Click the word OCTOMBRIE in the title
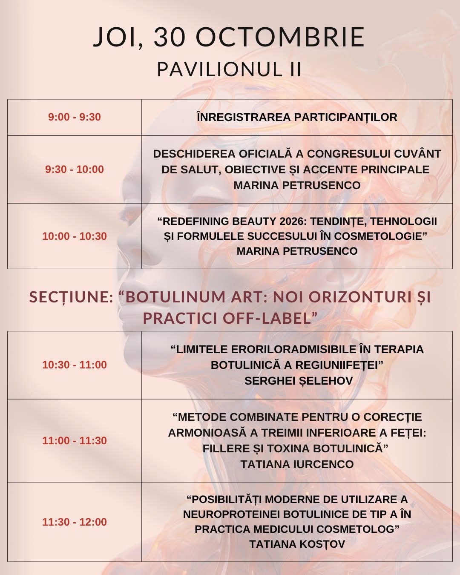[x=280, y=37]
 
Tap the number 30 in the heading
[x=170, y=37]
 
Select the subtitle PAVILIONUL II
[x=229, y=69]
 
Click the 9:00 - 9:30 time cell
[x=75, y=117]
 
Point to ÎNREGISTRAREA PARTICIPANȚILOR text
[x=297, y=117]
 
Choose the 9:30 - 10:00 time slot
[x=75, y=170]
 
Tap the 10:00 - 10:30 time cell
[x=75, y=236]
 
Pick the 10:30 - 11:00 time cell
[x=75, y=365]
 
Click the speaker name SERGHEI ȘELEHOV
[x=299, y=381]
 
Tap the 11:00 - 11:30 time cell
[x=75, y=441]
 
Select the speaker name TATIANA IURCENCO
[x=297, y=464]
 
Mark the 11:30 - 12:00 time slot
[x=75, y=522]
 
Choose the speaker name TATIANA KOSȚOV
[x=297, y=544]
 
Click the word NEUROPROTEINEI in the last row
[x=231, y=515]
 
